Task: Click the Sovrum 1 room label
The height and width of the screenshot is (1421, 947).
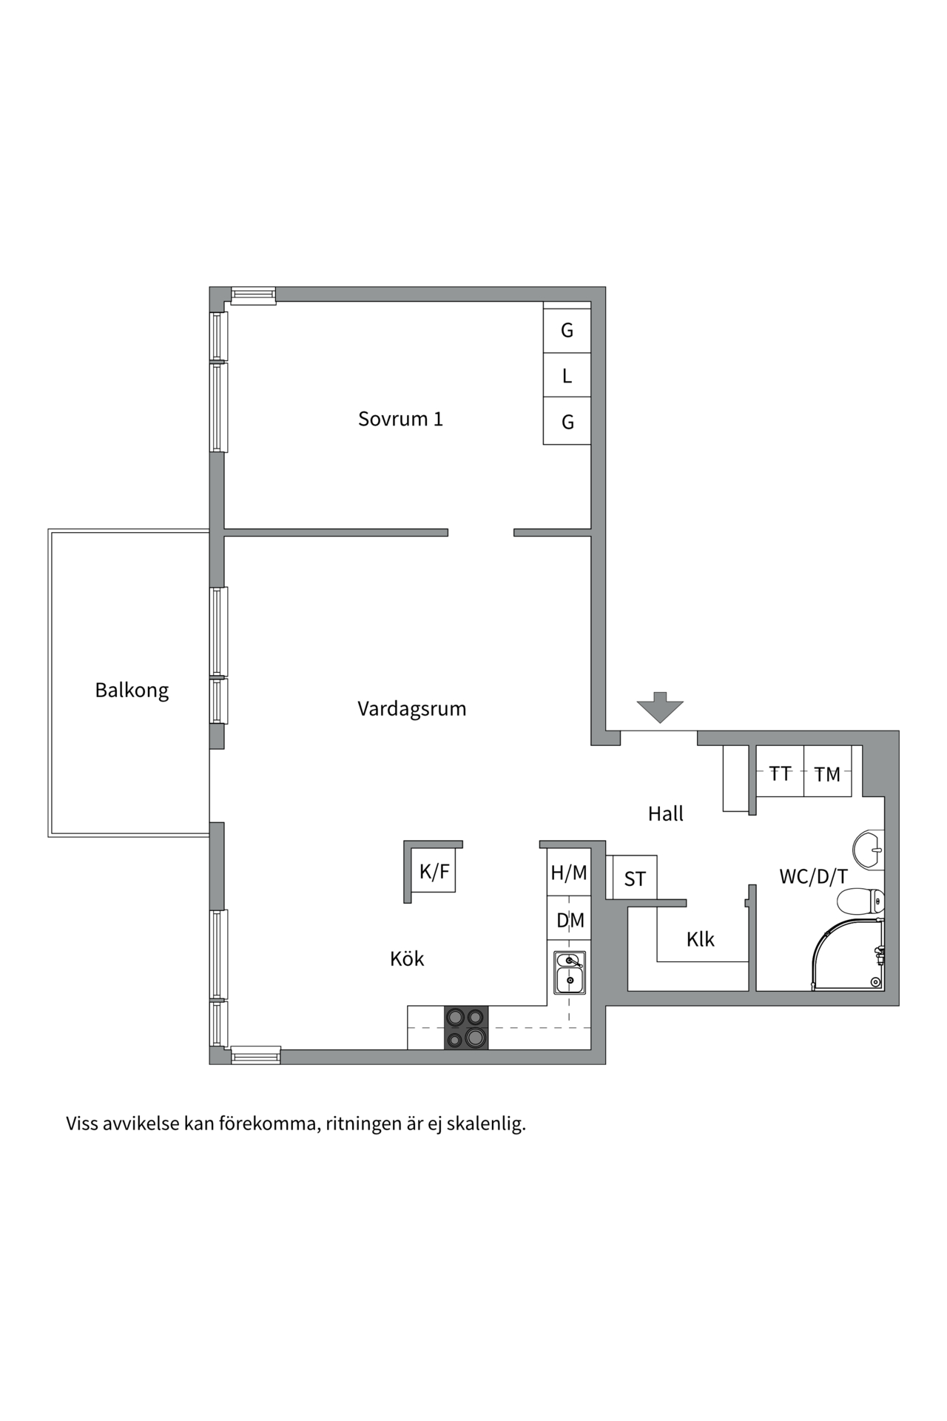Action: [x=400, y=419]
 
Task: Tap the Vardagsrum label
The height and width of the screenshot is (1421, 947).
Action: [x=412, y=709]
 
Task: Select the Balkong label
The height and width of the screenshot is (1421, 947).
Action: [x=132, y=691]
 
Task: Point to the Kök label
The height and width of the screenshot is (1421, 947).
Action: [x=407, y=959]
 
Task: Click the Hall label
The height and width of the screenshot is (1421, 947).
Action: [x=666, y=814]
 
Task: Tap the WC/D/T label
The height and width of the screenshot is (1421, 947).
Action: [x=813, y=877]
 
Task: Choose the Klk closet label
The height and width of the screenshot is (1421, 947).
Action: [x=701, y=940]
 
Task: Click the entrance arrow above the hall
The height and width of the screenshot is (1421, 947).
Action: [x=661, y=707]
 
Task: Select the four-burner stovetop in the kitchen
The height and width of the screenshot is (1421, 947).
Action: [x=466, y=1027]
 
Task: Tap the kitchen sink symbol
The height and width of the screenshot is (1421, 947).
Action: [x=570, y=973]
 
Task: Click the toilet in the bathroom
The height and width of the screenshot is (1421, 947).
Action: [x=860, y=901]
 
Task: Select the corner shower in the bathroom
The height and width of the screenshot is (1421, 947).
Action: [x=848, y=955]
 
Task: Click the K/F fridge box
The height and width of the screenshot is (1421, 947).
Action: [x=434, y=872]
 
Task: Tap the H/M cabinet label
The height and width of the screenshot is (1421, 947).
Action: [x=569, y=873]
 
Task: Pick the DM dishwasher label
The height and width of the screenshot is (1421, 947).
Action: [x=570, y=921]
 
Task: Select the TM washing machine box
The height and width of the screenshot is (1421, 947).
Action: [x=827, y=771]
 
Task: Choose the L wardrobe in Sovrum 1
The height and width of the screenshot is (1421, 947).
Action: [x=567, y=376]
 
